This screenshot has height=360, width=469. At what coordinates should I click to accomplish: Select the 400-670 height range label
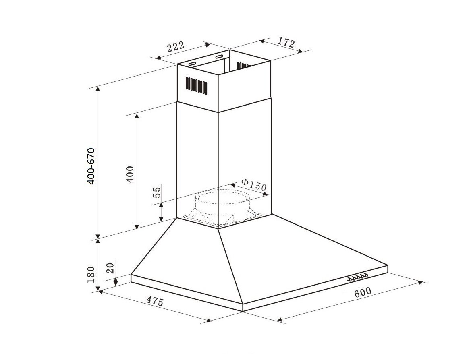[91, 166]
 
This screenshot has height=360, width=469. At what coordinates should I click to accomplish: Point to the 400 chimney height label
[130, 174]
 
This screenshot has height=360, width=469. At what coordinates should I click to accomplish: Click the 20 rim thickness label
[110, 268]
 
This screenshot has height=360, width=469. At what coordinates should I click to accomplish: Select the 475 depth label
[154, 301]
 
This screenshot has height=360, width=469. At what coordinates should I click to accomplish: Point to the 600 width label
[362, 292]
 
